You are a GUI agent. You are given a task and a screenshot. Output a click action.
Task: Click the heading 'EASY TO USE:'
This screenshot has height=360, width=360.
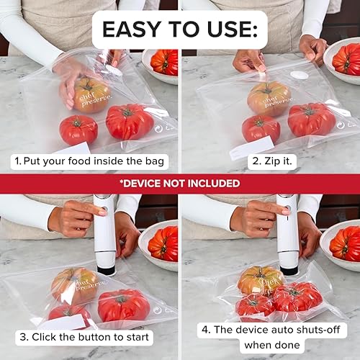click(180, 30)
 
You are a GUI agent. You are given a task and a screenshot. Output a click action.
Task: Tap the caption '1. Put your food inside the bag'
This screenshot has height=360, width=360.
click(89, 161)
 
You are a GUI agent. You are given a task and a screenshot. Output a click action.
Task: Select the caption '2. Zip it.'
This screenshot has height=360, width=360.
click(271, 161)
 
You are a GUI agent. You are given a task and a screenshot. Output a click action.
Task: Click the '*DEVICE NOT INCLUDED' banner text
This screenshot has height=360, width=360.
click(180, 183)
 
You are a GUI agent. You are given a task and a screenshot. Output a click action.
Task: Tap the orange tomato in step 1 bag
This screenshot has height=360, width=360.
click(91, 94)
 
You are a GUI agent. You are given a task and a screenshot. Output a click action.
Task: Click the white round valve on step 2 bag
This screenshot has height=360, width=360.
click(300, 75)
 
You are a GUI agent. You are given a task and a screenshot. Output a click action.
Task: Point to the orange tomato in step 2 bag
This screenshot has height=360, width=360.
click(269, 98)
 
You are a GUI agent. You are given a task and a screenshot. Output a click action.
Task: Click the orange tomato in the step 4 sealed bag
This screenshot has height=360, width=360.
click(260, 280)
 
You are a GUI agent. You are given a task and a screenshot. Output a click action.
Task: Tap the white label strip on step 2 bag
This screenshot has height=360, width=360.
click(252, 148)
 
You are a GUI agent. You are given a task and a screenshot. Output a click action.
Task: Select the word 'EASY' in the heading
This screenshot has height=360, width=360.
click(134, 30)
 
